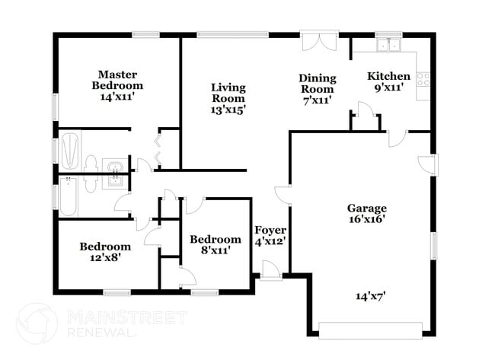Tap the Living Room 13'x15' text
228,98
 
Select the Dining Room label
317,88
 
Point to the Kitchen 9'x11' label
389,81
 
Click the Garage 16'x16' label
367,213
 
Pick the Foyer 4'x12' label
270,235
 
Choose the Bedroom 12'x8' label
105,252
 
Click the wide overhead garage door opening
370,330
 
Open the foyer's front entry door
269,269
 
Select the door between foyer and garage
283,195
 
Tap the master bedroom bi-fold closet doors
158,149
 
